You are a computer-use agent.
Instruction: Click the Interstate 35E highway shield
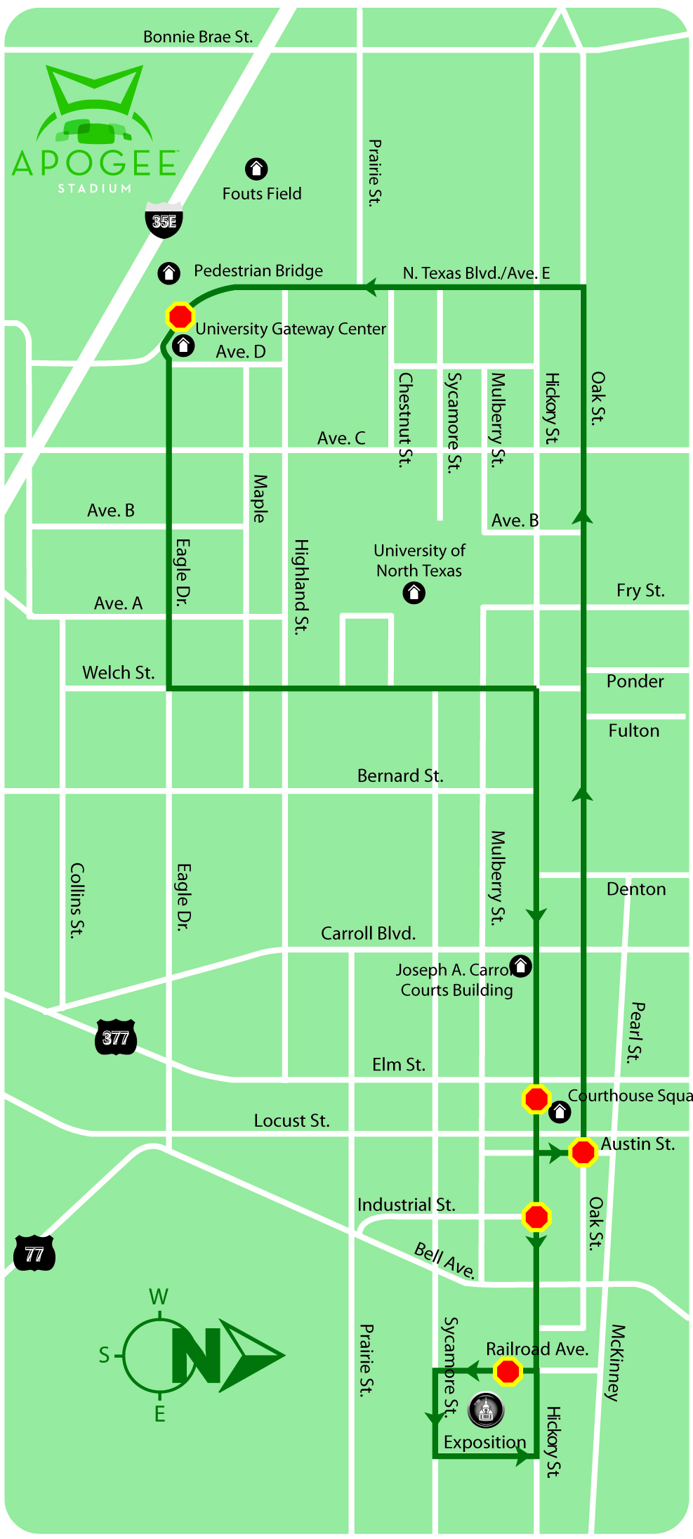(164, 221)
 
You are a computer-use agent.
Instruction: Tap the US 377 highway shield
(115, 1037)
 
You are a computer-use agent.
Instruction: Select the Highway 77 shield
(34, 1254)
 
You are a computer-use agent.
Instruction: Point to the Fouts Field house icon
(256, 169)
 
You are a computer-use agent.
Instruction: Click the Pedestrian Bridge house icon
(169, 273)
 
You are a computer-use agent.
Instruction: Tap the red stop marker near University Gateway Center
(180, 316)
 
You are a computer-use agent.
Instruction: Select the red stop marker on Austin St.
(583, 1152)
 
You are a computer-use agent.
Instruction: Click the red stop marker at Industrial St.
(536, 1217)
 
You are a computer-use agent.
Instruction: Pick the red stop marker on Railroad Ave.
(508, 1370)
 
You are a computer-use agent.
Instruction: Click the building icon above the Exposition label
(486, 1408)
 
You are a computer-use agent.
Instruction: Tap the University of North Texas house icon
(414, 594)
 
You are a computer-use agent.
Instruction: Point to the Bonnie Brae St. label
(198, 37)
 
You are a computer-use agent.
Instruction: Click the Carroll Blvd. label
(368, 933)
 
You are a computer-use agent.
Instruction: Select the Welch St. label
(118, 672)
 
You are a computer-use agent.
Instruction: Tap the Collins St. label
(77, 900)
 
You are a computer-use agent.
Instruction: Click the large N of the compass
(197, 1355)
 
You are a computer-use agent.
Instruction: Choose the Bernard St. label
(400, 775)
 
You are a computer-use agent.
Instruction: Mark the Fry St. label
(640, 590)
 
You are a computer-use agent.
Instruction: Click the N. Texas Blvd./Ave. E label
(476, 273)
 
